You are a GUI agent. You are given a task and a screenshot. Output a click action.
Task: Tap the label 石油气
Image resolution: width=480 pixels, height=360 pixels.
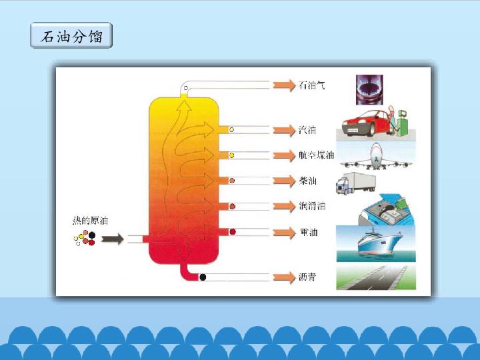(312, 86)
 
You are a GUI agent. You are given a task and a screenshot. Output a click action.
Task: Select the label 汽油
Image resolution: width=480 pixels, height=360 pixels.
(307, 129)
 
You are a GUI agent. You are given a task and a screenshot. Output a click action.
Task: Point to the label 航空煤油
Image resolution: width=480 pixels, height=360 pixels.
(317, 155)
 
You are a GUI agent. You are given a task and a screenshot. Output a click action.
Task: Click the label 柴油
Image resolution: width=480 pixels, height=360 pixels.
(308, 181)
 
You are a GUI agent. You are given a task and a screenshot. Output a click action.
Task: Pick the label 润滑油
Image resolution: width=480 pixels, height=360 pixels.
(312, 207)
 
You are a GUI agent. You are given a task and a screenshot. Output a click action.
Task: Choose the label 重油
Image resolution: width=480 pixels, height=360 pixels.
(308, 233)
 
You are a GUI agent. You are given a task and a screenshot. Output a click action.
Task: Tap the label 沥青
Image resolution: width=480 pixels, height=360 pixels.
(308, 277)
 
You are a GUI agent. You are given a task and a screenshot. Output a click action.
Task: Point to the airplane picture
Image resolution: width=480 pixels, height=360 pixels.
(376, 156)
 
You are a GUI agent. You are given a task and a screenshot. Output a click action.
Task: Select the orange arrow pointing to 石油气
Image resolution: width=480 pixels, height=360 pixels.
(283, 85)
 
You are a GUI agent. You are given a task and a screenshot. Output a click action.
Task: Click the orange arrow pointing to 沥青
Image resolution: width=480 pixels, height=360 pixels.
(283, 277)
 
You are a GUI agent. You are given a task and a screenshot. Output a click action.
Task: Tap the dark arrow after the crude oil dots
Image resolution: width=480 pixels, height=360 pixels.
(113, 238)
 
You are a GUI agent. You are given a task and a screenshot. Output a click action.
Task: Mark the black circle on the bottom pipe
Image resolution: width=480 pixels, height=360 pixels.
(203, 277)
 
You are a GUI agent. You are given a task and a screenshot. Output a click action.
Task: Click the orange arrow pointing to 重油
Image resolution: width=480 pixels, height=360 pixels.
(283, 232)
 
